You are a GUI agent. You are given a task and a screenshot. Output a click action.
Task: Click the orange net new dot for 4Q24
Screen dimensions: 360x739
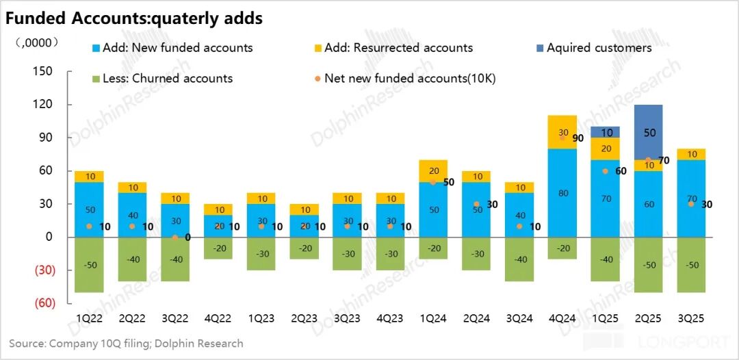(562, 138)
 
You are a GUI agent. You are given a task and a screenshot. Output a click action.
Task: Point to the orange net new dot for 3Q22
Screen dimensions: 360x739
(175, 237)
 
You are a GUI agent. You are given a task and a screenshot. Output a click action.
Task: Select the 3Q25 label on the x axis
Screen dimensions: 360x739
(691, 318)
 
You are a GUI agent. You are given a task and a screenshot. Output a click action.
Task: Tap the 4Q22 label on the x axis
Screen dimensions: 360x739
(218, 318)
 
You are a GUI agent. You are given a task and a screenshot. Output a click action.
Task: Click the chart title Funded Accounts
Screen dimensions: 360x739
(134, 18)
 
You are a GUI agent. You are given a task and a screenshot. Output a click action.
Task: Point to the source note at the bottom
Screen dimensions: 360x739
(126, 344)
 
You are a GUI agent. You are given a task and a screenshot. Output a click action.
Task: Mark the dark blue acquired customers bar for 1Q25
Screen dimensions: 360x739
(606, 132)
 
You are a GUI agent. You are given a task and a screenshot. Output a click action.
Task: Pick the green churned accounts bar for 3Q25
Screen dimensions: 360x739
(691, 266)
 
